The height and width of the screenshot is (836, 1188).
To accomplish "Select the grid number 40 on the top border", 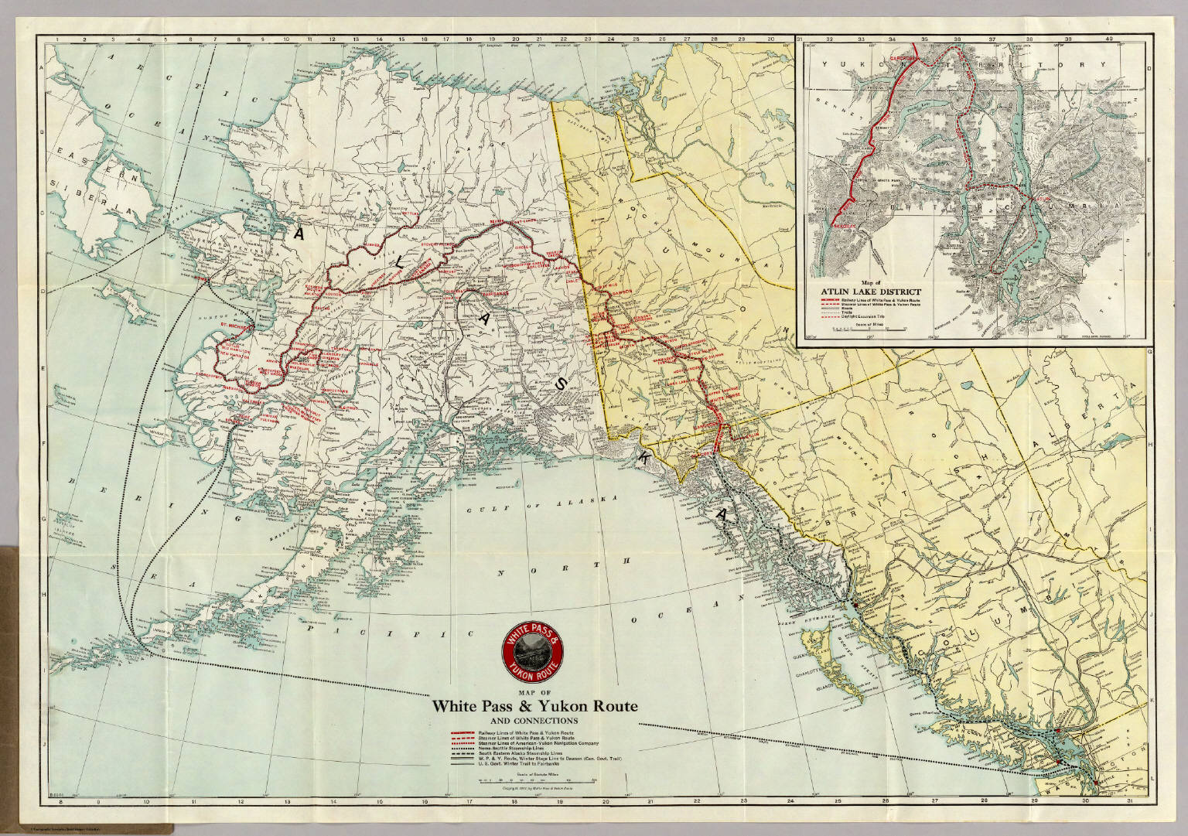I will (1109, 39).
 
